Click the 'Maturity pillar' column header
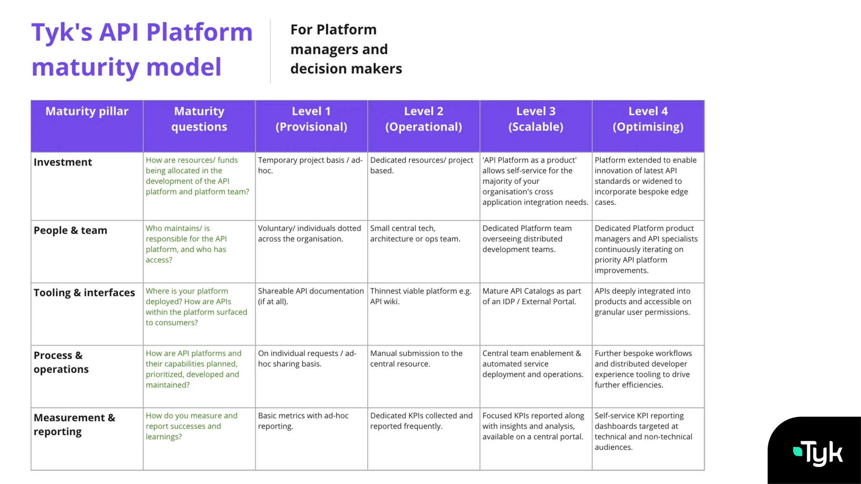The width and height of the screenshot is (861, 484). pyautogui.click(x=87, y=111)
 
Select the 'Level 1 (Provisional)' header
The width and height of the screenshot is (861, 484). pyautogui.click(x=311, y=119)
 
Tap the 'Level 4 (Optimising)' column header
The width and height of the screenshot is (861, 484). pyautogui.click(x=648, y=119)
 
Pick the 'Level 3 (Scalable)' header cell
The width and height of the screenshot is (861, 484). pyautogui.click(x=536, y=119)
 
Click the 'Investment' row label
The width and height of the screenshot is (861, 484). pyautogui.click(x=63, y=162)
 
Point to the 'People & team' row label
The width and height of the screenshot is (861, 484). pyautogui.click(x=70, y=230)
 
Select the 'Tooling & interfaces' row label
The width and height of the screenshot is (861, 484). pyautogui.click(x=84, y=292)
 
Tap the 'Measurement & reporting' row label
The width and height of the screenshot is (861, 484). pyautogui.click(x=74, y=424)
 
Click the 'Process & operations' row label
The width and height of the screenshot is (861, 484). pyautogui.click(x=61, y=362)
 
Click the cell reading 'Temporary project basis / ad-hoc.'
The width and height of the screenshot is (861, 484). pyautogui.click(x=310, y=165)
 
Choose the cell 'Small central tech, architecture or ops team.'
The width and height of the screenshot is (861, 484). pyautogui.click(x=415, y=234)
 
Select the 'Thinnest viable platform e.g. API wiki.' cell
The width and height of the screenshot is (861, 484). pyautogui.click(x=420, y=296)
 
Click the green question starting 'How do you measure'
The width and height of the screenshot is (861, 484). pyautogui.click(x=191, y=426)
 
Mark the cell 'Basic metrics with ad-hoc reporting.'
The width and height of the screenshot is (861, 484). pyautogui.click(x=303, y=421)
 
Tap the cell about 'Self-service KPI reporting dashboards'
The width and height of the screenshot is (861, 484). pyautogui.click(x=643, y=431)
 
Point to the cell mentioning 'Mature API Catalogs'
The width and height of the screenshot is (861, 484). pyautogui.click(x=531, y=296)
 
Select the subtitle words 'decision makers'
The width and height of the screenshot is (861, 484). pyautogui.click(x=346, y=68)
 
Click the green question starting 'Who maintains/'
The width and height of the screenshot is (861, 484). pyautogui.click(x=186, y=244)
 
